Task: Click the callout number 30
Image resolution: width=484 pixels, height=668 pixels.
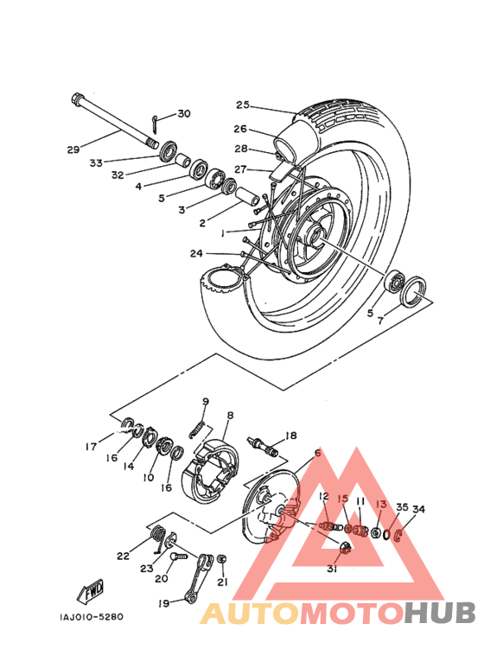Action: [184, 114]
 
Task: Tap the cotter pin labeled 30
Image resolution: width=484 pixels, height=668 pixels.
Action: [156, 124]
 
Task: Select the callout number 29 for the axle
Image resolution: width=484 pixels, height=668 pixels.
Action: [73, 150]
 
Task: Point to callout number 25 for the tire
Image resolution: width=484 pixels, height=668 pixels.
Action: [242, 105]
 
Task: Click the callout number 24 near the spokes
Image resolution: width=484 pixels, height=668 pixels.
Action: [196, 253]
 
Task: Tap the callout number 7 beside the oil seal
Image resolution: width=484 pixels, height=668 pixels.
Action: [380, 320]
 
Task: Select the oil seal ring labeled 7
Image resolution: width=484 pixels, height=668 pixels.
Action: [413, 291]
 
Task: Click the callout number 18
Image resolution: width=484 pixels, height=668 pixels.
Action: [291, 436]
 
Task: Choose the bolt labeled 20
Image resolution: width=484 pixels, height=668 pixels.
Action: [179, 557]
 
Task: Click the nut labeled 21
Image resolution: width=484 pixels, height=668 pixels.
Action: [221, 559]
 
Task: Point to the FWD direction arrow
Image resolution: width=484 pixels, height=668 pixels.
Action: [91, 592]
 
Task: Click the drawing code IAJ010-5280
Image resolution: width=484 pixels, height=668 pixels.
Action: [91, 616]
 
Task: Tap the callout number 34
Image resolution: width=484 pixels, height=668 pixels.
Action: [418, 510]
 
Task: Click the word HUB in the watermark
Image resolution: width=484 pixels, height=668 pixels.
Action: [440, 613]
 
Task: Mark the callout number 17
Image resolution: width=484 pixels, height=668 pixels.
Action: [91, 447]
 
